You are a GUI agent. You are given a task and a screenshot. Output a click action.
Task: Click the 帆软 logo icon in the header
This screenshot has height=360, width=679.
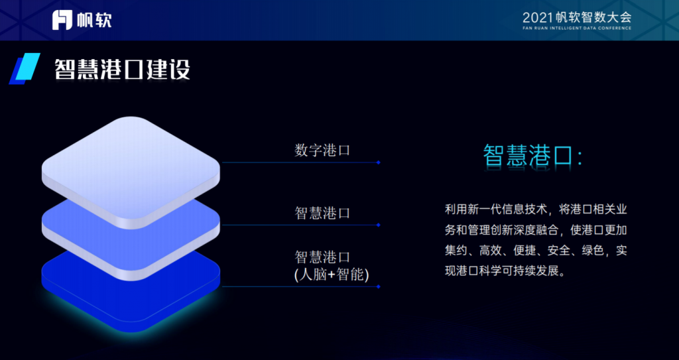(x=62, y=20)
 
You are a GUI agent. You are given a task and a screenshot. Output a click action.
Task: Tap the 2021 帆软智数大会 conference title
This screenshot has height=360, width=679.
(x=577, y=17)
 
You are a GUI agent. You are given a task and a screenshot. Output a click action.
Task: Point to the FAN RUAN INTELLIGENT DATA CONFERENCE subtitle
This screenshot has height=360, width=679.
(x=577, y=29)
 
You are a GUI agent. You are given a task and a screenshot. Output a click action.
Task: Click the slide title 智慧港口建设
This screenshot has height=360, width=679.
(x=122, y=69)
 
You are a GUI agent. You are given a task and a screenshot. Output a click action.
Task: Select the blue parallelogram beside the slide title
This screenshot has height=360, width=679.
(x=25, y=68)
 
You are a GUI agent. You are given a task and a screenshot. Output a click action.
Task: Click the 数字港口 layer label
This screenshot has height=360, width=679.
(x=322, y=150)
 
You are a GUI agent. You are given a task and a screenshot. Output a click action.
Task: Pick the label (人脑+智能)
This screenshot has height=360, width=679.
(x=332, y=274)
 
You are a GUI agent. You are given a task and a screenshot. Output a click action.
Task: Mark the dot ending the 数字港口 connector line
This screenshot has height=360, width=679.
(x=379, y=162)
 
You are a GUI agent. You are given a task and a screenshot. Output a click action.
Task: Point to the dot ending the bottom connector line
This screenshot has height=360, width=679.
(x=379, y=286)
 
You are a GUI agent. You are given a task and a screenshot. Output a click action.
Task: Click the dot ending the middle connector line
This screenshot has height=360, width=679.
(x=379, y=225)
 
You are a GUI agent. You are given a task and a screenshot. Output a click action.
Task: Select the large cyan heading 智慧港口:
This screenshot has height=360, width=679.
(x=532, y=156)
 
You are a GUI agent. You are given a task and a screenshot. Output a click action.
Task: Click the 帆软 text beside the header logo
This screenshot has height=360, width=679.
(x=94, y=21)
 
